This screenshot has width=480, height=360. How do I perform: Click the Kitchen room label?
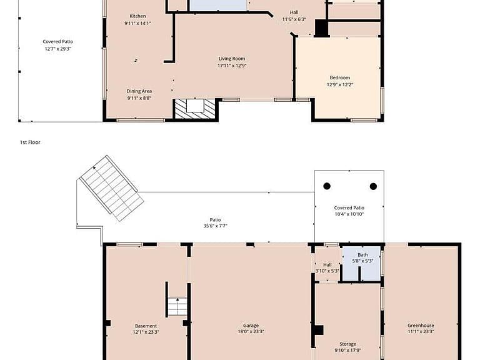coord(137,16)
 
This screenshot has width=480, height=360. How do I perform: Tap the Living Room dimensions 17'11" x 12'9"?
coord(232,66)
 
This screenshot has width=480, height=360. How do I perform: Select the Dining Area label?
coord(139,91)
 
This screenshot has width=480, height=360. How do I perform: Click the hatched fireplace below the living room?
coord(195,109)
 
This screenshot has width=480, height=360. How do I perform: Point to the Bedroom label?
coord(340,77)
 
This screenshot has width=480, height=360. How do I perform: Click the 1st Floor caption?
coord(30,142)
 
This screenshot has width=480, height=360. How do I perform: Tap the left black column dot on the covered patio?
coord(327,186)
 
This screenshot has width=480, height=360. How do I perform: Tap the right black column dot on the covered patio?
coord(373,186)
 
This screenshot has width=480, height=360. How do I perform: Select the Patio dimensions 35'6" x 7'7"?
coord(215,226)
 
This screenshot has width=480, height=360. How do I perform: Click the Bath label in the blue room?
coord(362,255)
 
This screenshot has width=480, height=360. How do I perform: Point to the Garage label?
coord(251,326)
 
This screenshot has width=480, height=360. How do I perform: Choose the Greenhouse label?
coord(421,326)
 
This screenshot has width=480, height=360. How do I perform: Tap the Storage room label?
coord(347,344)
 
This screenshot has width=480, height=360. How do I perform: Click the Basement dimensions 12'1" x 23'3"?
coord(146,332)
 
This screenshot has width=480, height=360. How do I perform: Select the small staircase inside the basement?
coord(177,307)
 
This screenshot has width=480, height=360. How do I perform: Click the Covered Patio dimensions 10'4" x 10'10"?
coord(349,214)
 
